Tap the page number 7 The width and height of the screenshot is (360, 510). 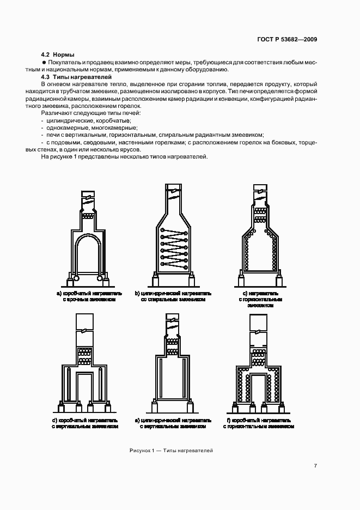click(x=315, y=465)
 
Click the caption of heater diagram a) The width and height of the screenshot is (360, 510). click(x=88, y=296)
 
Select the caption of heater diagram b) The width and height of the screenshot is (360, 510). click(x=173, y=296)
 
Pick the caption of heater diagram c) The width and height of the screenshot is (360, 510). click(x=260, y=299)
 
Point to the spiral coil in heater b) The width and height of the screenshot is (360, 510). click(x=174, y=246)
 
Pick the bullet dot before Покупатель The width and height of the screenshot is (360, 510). click(x=44, y=63)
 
